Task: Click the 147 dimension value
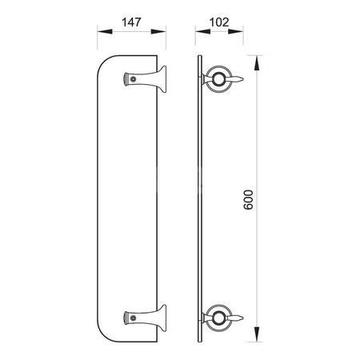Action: [131, 22]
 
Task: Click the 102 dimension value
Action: [219, 22]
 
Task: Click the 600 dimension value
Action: [249, 200]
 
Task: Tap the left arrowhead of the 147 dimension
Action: [105, 31]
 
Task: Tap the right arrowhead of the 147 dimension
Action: [158, 31]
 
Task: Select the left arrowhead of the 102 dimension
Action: [202, 31]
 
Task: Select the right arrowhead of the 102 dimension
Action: [235, 31]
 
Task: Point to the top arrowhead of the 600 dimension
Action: [257, 63]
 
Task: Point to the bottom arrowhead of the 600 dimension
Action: [257, 334]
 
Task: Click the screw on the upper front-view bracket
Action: [134, 79]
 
